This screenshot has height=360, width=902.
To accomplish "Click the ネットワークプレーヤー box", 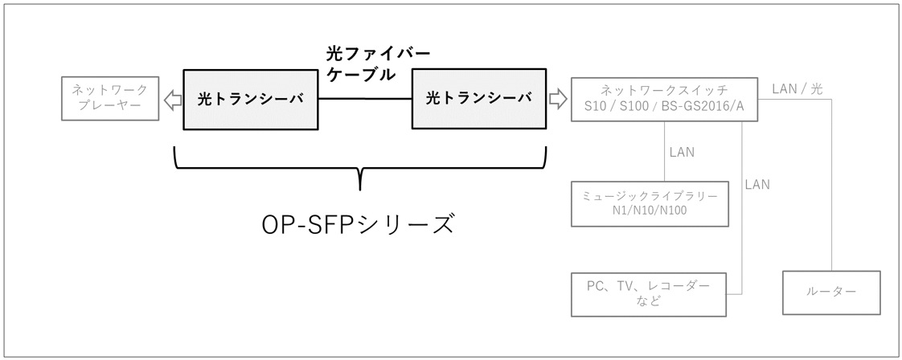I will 110,99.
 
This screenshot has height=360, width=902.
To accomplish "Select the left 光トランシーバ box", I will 251,99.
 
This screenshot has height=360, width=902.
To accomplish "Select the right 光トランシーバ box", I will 478,99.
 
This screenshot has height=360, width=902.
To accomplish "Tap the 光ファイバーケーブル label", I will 377,64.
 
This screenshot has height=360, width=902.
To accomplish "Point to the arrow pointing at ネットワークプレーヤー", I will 171,99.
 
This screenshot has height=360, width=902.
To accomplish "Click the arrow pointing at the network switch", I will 557,99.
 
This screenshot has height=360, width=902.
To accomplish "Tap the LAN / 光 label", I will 797,88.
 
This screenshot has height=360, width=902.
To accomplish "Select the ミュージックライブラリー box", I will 651,203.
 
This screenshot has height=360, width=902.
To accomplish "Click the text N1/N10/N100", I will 651,211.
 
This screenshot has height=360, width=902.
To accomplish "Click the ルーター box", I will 831,292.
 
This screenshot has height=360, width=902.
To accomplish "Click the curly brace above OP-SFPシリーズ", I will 359,170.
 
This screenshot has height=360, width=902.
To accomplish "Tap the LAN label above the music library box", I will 682,152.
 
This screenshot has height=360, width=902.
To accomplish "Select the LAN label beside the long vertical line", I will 756,185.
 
